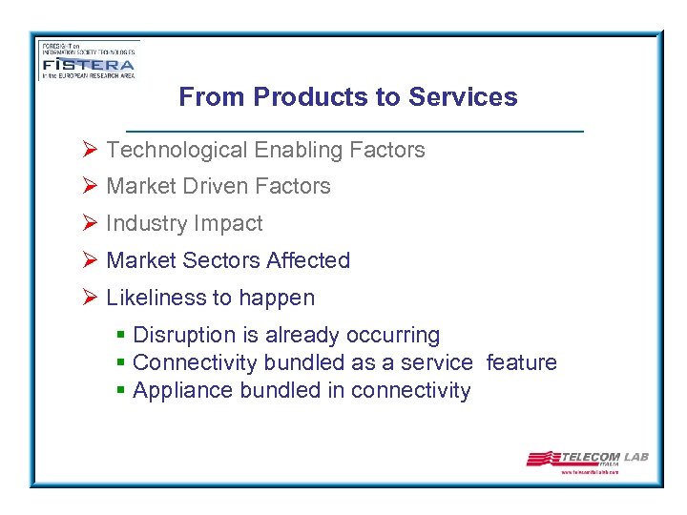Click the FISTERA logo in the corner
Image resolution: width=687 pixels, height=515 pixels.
tap(88, 60)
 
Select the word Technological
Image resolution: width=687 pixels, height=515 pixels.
tap(177, 150)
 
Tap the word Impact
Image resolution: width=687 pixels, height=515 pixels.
tap(226, 223)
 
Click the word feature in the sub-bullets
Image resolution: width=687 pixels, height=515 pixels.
tap(521, 362)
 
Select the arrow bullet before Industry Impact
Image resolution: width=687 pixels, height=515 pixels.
tap(90, 223)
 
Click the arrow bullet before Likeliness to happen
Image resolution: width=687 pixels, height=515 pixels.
tap(90, 298)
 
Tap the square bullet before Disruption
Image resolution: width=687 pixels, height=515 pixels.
tap(120, 336)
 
